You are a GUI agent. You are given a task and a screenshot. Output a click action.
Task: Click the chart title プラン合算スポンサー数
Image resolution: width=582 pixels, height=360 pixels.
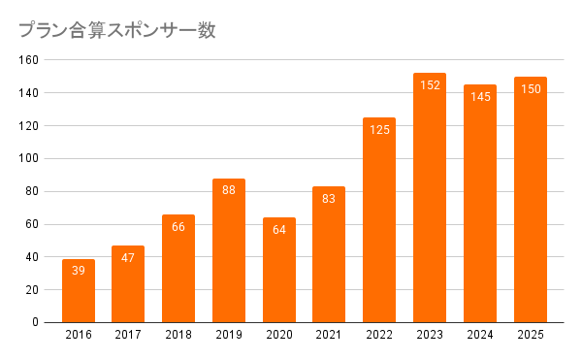point(117,30)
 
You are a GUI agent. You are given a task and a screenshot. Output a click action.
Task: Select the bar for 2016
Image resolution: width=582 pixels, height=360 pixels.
point(79,291)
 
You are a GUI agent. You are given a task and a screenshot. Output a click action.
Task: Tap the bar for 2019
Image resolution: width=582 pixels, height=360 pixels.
point(229,250)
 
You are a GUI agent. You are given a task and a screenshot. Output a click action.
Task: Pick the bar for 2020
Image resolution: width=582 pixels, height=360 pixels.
point(279,270)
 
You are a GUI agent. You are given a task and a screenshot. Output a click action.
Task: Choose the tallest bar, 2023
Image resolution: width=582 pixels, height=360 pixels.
point(430,198)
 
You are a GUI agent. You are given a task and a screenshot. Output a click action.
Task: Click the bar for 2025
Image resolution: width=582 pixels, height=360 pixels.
point(531,200)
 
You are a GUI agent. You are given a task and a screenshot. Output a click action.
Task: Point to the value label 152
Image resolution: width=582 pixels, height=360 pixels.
point(430,85)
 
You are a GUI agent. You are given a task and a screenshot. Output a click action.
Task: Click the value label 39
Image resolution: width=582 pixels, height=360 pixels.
point(79,271)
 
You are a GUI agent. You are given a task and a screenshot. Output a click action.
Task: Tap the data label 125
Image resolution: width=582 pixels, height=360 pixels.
point(379,130)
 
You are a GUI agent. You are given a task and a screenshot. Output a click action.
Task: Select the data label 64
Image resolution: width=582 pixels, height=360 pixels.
point(279,230)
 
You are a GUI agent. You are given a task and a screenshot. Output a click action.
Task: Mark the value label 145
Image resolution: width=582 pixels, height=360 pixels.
point(480,97)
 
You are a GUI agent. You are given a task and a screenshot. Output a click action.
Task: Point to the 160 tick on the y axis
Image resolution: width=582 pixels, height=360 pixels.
point(28,60)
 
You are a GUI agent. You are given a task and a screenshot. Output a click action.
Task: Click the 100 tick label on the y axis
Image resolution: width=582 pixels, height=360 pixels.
point(28,158)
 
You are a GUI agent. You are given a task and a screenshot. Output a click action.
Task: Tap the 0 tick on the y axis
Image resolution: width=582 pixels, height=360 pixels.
point(35,322)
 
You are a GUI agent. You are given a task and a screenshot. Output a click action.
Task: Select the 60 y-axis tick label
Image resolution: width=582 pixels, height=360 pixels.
point(32,224)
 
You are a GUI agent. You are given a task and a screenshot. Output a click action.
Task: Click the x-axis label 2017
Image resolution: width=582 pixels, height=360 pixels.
point(128,335)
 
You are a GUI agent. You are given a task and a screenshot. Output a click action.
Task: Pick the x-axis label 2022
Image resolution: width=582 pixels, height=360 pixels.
point(379,335)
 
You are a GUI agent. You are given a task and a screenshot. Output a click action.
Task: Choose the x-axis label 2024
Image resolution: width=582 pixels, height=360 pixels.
point(480,335)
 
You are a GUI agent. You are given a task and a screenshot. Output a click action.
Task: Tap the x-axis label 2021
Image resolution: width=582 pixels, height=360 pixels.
point(329,335)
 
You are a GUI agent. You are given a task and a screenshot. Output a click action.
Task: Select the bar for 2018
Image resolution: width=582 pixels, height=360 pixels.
point(178,269)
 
